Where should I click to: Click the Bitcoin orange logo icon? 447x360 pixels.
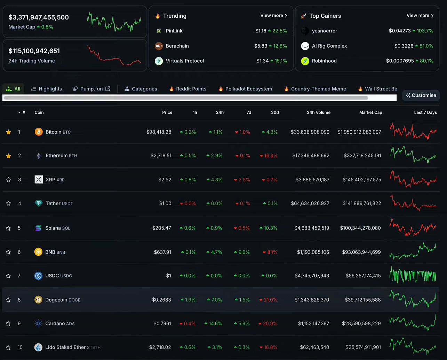click(x=39, y=132)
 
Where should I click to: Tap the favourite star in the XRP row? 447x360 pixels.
click(x=9, y=179)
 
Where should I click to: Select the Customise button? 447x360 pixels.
click(x=421, y=95)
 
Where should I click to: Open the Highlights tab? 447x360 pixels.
click(x=47, y=89)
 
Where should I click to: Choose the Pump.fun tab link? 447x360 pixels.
click(x=91, y=89)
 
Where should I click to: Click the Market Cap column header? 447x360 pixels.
click(x=370, y=112)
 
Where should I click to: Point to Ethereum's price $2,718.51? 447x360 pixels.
click(x=161, y=155)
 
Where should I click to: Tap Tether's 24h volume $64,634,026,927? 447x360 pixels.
click(x=310, y=203)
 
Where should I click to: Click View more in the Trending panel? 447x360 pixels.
click(x=273, y=16)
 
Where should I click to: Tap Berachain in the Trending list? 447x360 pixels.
click(x=177, y=46)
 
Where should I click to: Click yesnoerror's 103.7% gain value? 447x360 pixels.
click(x=423, y=31)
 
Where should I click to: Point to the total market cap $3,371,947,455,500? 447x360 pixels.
click(x=39, y=17)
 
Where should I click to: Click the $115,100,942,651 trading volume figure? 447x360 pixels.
click(x=34, y=51)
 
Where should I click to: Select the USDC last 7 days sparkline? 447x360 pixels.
click(x=413, y=275)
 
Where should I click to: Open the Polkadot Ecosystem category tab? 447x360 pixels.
click(x=248, y=89)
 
